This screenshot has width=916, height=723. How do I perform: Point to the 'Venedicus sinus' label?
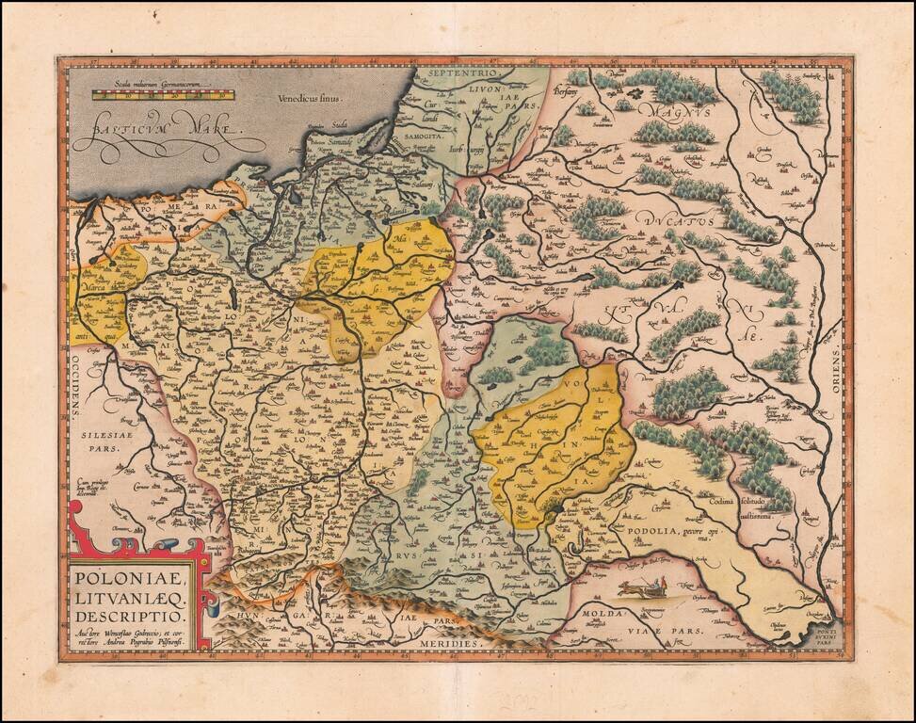(x=310, y=97)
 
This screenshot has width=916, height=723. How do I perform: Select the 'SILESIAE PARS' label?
(x=111, y=443)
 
